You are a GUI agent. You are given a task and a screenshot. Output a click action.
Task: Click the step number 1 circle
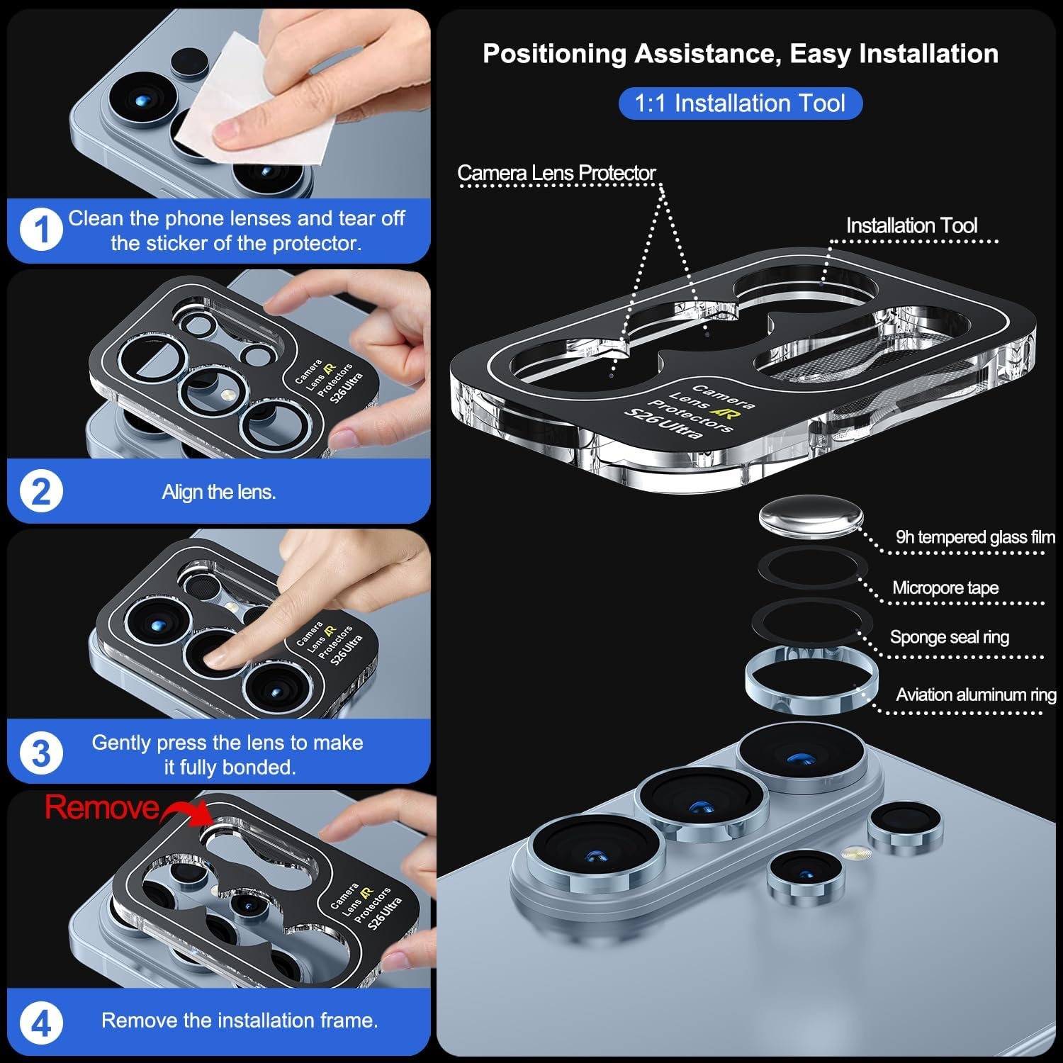click(x=41, y=230)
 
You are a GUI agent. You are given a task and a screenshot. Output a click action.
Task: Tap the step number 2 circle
click(x=41, y=492)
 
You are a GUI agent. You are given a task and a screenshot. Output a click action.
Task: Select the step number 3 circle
click(x=41, y=753)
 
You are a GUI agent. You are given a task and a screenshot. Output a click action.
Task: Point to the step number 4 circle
click(x=41, y=1023)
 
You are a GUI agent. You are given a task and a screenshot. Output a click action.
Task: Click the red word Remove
click(x=102, y=807)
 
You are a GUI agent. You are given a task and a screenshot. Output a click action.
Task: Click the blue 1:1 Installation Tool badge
click(x=740, y=103)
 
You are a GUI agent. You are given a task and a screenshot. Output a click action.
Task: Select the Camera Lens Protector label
click(x=556, y=172)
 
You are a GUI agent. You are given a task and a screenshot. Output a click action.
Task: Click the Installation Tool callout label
click(x=911, y=225)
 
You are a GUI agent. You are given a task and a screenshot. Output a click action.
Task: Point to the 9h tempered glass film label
click(x=975, y=537)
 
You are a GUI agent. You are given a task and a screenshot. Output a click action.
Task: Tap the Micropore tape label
click(x=945, y=587)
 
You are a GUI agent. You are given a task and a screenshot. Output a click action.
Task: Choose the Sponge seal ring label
click(x=950, y=637)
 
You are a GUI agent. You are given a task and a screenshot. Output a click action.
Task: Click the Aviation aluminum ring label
click(x=976, y=694)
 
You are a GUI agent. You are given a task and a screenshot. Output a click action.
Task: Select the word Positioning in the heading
click(x=554, y=54)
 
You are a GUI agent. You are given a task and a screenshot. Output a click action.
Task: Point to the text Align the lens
click(x=219, y=492)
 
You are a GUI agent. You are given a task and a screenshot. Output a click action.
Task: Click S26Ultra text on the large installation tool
click(x=663, y=424)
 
